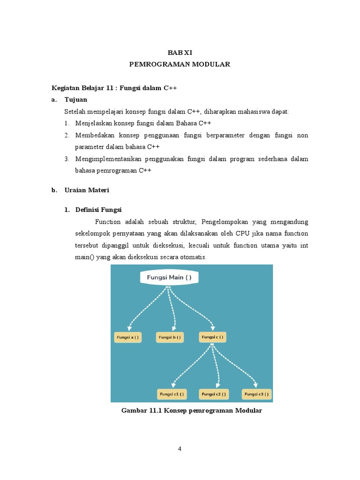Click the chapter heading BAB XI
pos(180,53)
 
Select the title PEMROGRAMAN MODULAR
pos(180,64)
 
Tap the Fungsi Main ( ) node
pos(170,277)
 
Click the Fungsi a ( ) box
pos(127,337)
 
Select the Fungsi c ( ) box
pos(212,337)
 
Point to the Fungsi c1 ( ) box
pos(172,394)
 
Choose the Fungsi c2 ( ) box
pos(214,394)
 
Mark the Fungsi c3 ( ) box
pos(257,394)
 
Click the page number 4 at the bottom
pos(180,449)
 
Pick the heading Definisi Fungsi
pos(98,210)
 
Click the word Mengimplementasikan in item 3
pos(103,159)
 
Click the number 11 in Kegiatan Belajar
pos(108,88)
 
